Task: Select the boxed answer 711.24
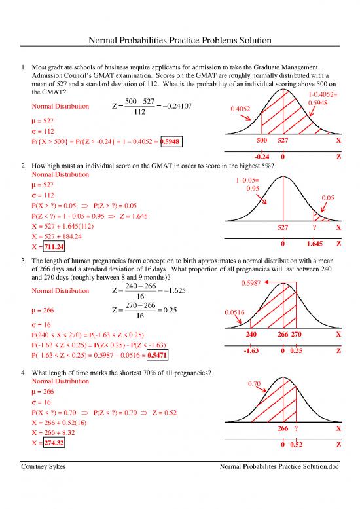[x=52, y=247]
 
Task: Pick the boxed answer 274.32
[x=52, y=443]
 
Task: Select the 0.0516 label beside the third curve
[x=234, y=313]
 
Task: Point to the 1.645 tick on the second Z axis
[x=315, y=244]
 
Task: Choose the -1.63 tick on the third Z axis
[x=251, y=352]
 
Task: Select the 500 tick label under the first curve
[x=261, y=141]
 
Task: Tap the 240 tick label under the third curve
[x=251, y=334]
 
